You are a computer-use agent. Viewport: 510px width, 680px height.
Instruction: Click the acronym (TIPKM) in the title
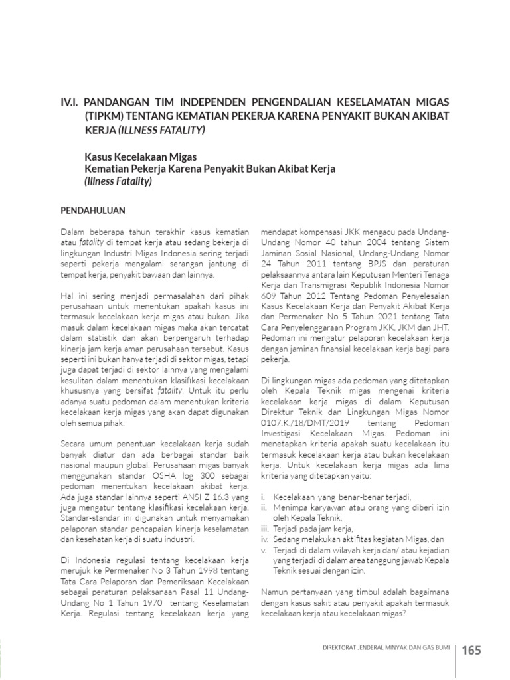[x=102, y=116]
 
